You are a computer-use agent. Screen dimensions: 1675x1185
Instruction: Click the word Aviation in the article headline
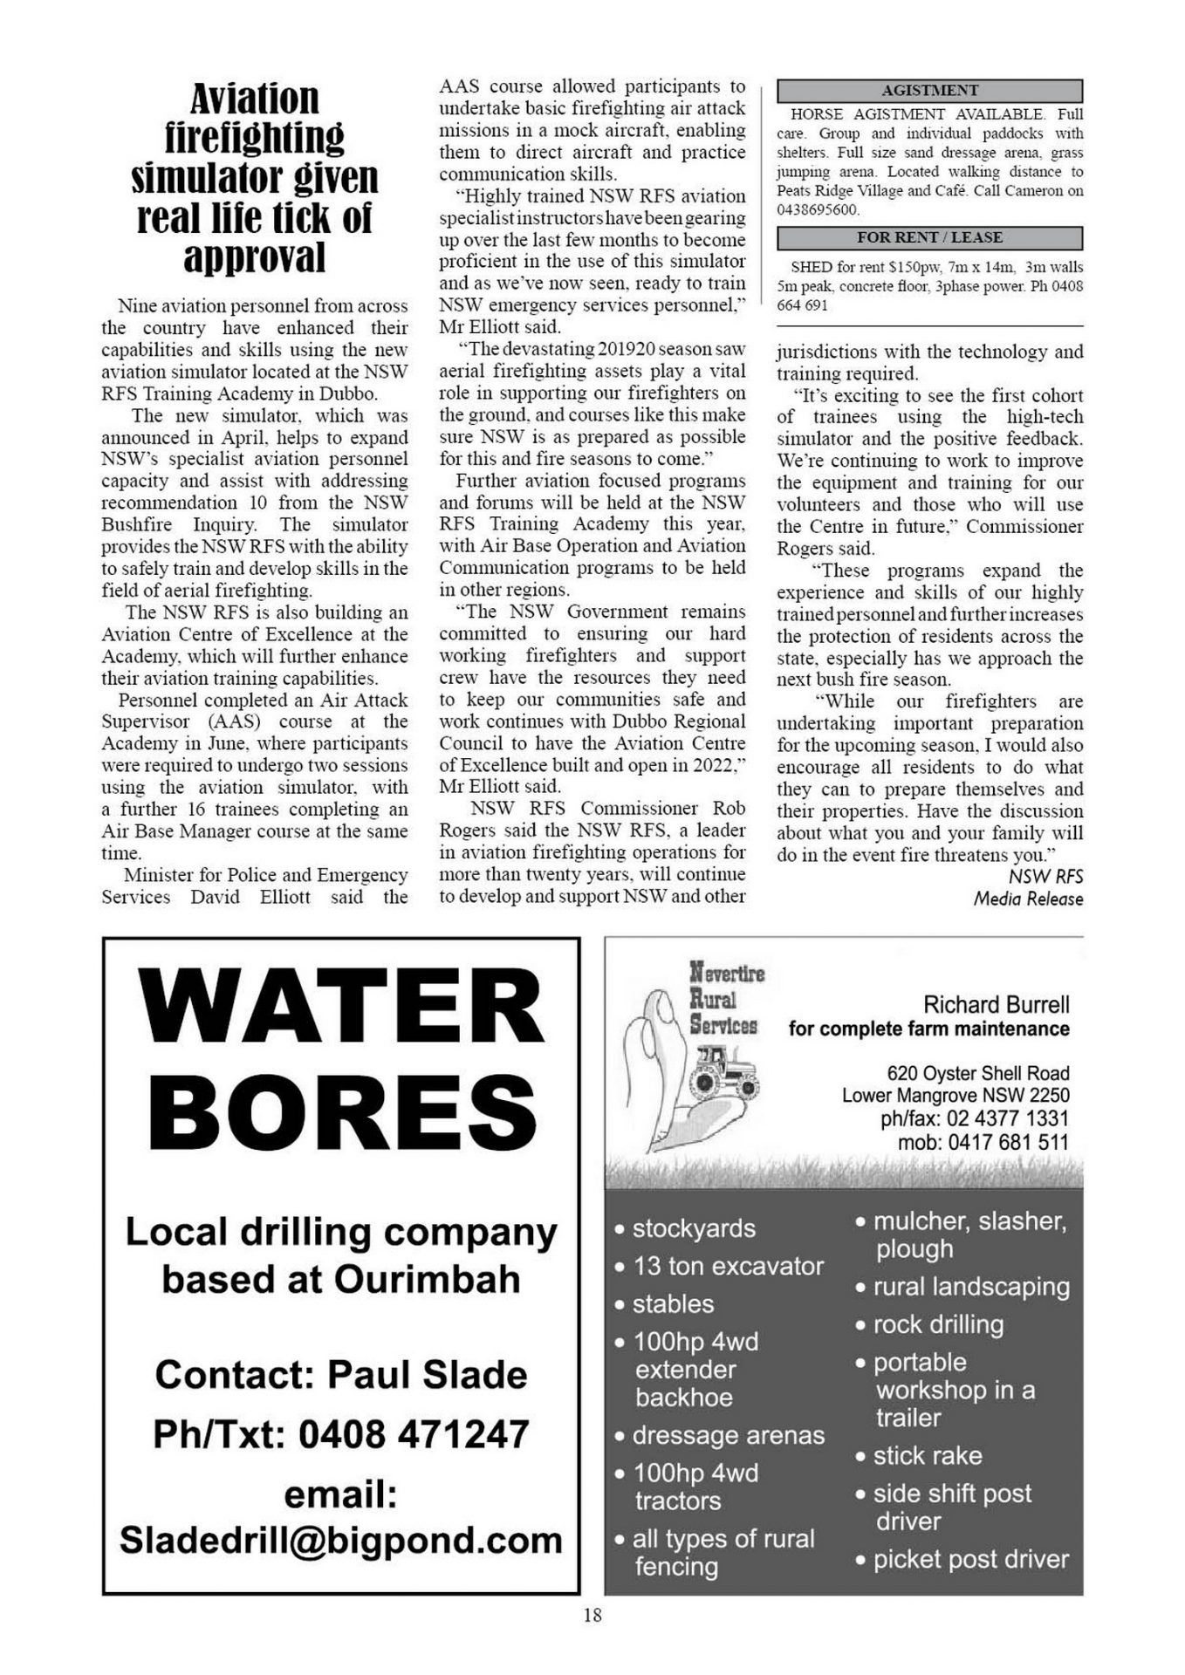pos(254,99)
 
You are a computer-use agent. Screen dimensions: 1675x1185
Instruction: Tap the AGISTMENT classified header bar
pos(929,91)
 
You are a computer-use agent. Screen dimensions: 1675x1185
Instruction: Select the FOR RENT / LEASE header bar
pos(929,237)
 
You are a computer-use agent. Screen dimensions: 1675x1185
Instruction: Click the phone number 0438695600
pos(818,210)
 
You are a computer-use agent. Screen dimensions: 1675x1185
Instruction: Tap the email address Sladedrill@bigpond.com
pos(341,1541)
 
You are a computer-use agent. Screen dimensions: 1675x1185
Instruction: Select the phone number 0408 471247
pos(414,1435)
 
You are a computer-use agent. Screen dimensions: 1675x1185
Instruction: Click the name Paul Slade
pos(428,1376)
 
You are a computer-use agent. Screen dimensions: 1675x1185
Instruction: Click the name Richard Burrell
pos(996,1004)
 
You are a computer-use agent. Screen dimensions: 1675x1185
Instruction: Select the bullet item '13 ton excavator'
pos(727,1266)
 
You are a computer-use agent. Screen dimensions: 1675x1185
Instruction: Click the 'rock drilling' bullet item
pos(938,1324)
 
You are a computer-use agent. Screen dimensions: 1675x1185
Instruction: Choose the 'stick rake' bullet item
pos(927,1456)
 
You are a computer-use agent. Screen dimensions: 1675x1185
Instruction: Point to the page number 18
pos(592,1616)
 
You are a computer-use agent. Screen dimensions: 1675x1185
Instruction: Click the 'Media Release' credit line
pos(1028,899)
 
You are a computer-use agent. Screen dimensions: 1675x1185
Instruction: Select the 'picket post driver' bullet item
pos(970,1560)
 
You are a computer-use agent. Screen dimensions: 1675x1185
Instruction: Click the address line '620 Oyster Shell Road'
pos(977,1073)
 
